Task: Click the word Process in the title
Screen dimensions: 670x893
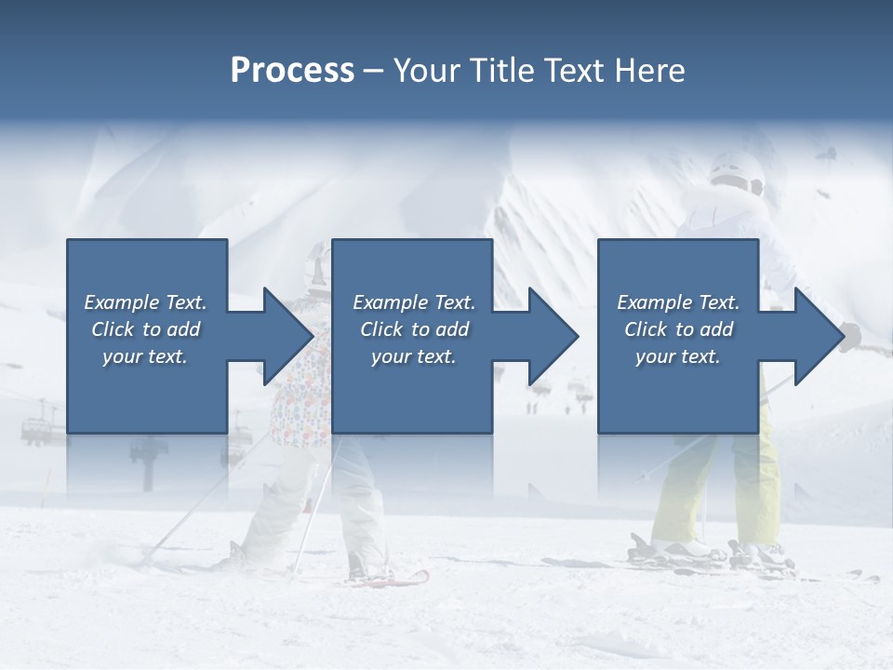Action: point(292,71)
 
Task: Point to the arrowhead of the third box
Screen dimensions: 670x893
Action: point(820,336)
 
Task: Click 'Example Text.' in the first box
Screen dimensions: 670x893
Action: point(145,302)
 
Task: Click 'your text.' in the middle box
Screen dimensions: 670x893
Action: point(413,356)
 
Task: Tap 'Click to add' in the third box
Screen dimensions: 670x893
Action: point(678,329)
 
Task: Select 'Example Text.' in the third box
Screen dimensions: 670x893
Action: point(678,302)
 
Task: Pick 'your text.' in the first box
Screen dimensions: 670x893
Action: point(145,356)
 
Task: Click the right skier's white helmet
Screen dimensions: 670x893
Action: point(736,171)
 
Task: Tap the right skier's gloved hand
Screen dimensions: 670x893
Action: point(851,336)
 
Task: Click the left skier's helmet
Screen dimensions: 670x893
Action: point(319,265)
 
